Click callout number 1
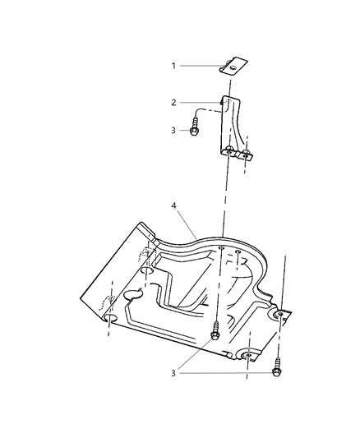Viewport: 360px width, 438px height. coord(174,65)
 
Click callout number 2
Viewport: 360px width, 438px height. coord(174,103)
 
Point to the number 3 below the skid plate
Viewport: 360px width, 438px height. coord(174,373)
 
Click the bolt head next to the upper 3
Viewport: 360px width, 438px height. coord(196,129)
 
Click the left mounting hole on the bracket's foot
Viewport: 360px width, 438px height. coord(229,150)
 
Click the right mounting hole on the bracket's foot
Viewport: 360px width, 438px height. coord(244,153)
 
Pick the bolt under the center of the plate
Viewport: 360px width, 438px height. coord(215,333)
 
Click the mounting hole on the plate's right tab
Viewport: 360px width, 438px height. coord(280,316)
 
